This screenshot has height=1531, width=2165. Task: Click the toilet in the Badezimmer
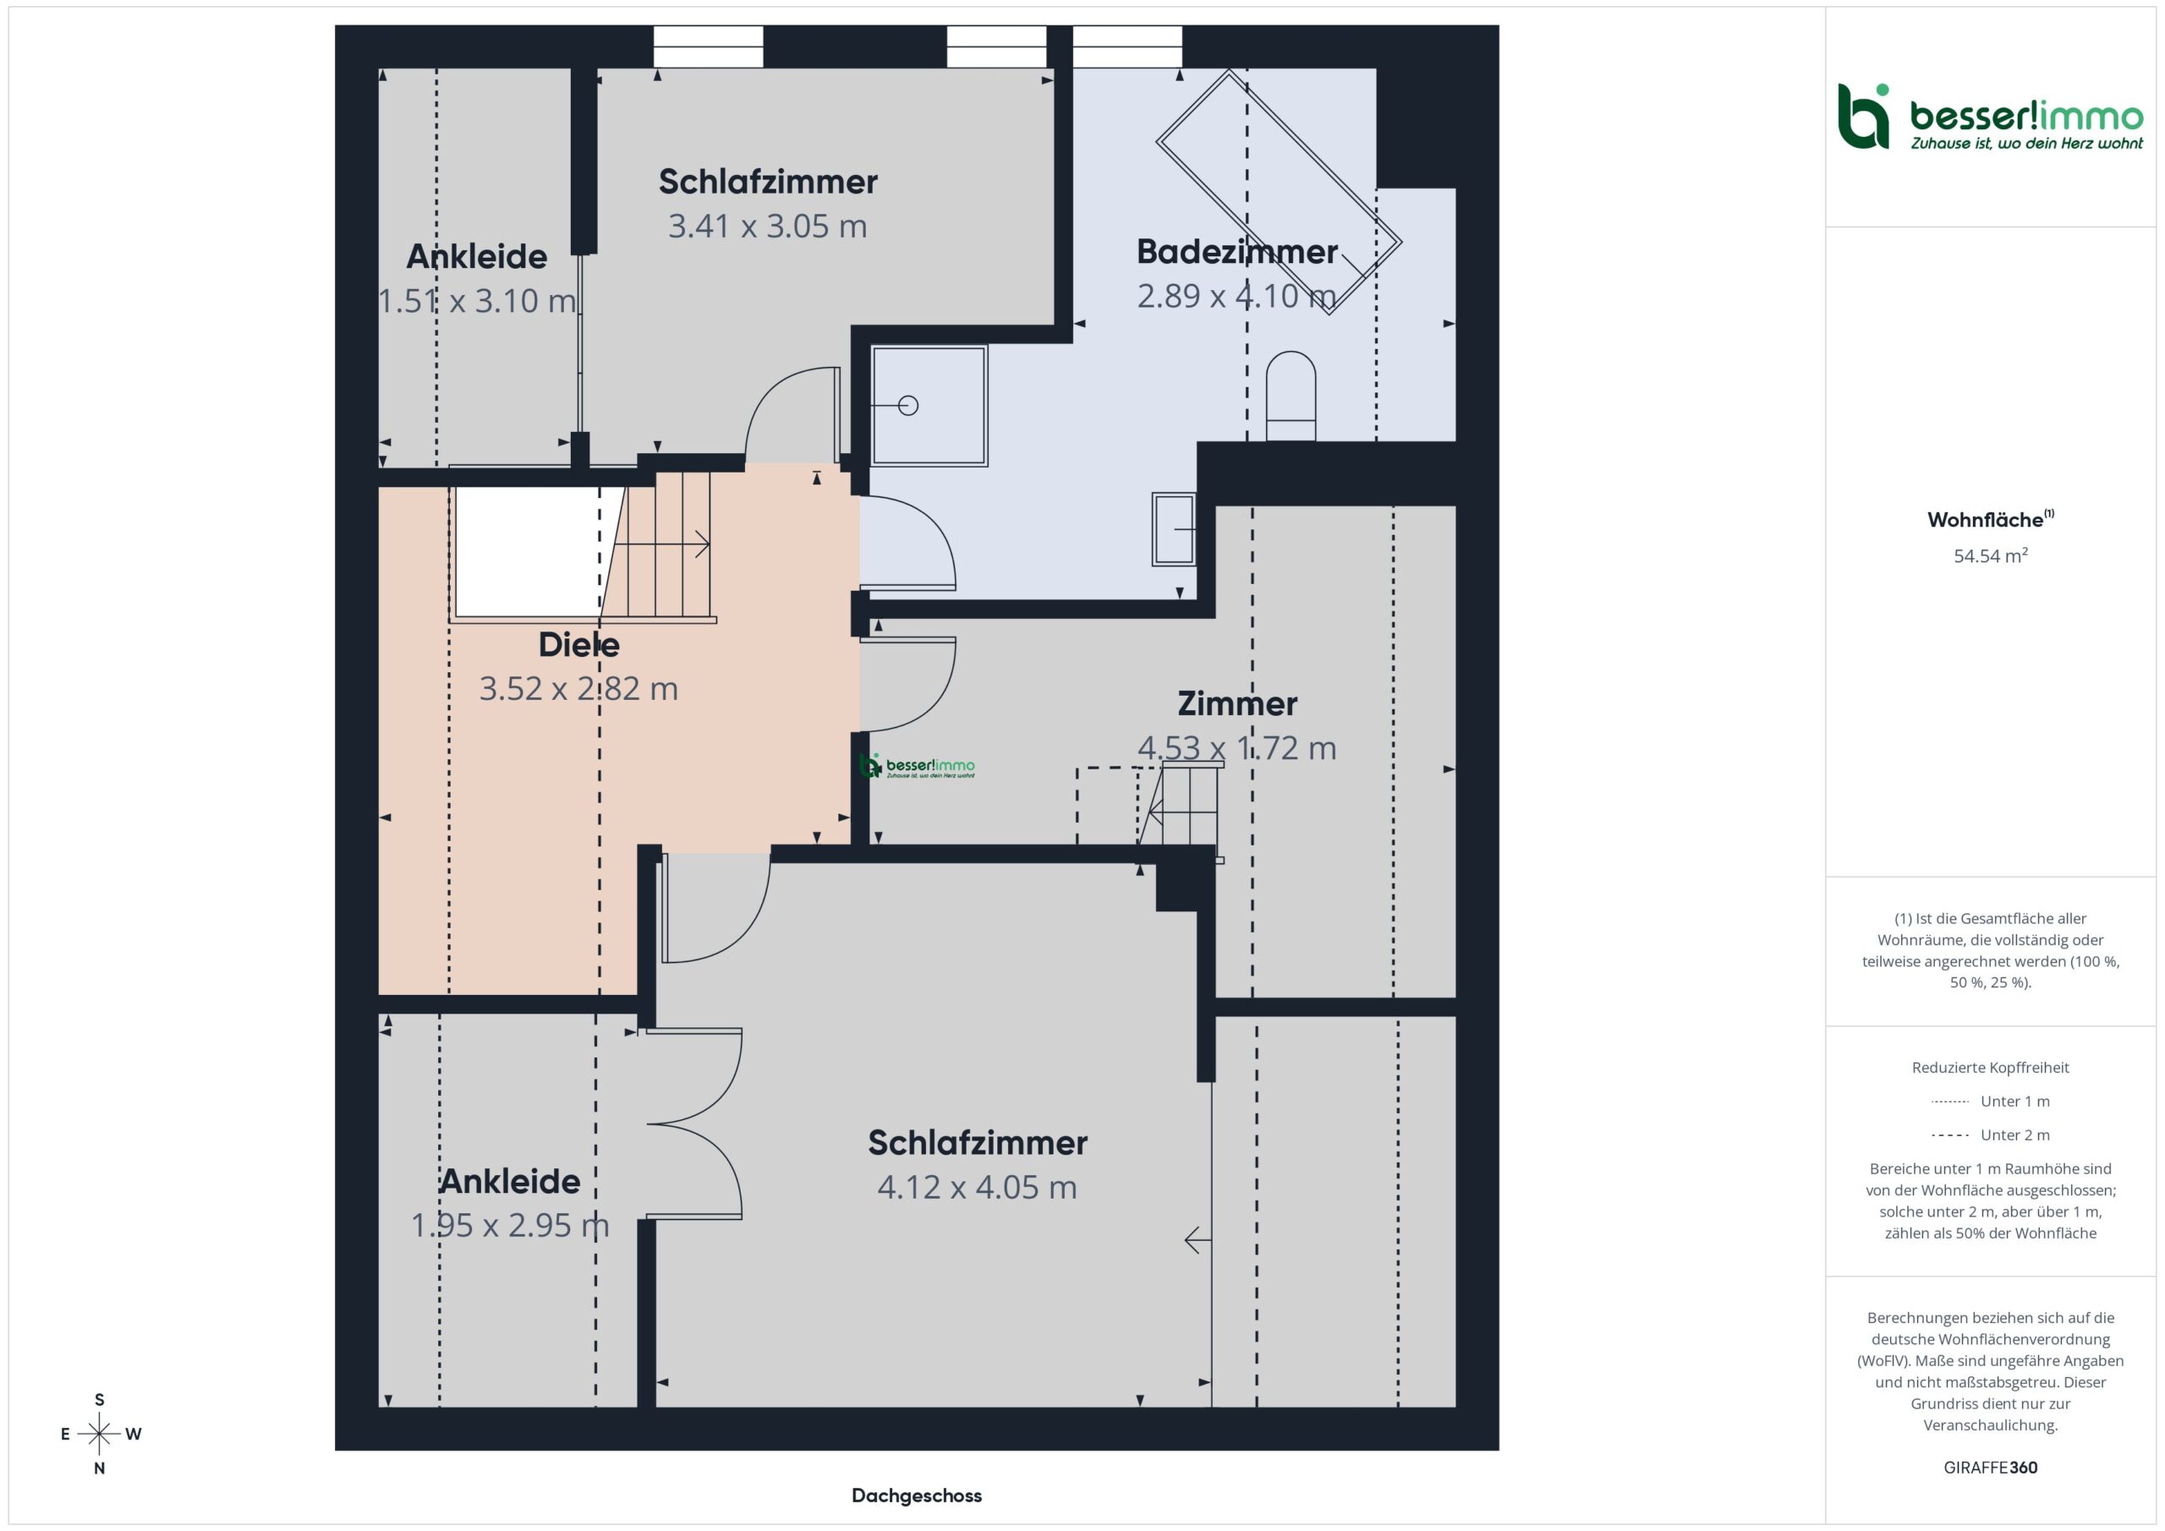1290,396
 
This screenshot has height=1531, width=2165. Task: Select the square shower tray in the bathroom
929,406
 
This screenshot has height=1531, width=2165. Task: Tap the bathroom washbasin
1174,530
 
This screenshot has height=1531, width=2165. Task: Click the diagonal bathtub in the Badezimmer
1279,192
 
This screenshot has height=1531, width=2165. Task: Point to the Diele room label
579,645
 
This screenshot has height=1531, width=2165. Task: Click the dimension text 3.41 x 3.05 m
768,227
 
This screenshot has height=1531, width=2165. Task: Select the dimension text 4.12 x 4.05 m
977,1187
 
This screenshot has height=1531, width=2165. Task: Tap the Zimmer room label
1237,703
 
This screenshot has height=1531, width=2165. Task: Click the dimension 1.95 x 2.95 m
510,1226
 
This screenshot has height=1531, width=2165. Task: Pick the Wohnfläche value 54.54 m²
1991,556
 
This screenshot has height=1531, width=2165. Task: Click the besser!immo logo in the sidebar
1991,117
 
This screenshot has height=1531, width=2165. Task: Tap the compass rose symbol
99,1434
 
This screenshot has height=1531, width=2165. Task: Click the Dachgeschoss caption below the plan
917,1495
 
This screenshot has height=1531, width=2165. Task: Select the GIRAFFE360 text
1991,1467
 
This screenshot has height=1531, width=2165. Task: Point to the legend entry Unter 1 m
1991,1101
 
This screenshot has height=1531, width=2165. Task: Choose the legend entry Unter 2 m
1991,1135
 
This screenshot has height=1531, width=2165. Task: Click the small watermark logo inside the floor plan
917,767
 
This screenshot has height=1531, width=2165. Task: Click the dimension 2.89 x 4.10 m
1236,296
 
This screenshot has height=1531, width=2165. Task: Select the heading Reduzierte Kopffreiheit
1991,1067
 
